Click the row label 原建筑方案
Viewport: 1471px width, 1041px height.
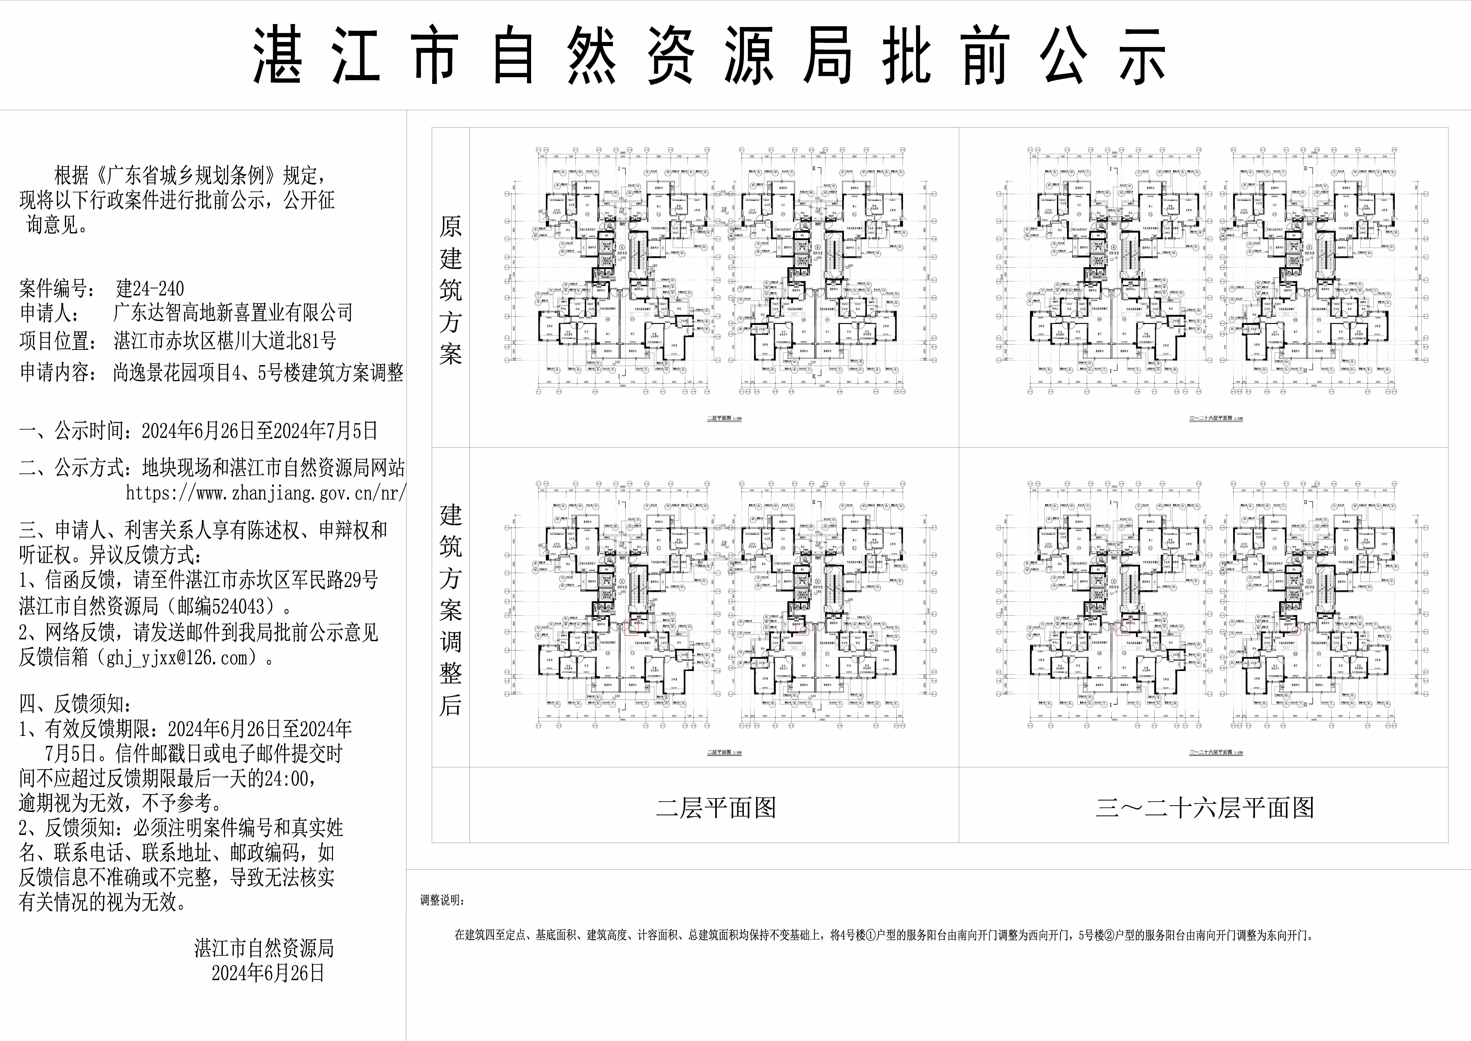(450, 290)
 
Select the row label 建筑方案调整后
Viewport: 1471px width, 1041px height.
(450, 609)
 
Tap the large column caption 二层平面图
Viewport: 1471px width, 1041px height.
(716, 808)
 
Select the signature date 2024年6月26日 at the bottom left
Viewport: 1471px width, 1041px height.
(268, 973)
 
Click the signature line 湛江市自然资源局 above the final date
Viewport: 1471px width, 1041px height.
(264, 948)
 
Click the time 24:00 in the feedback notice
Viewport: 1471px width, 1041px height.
(288, 778)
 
